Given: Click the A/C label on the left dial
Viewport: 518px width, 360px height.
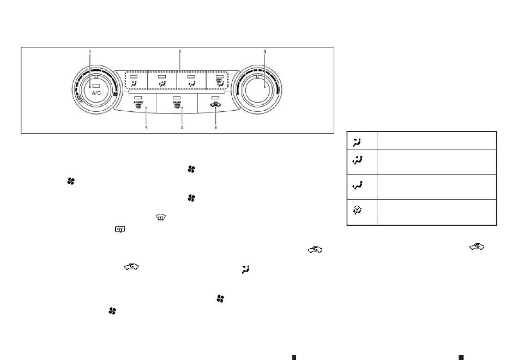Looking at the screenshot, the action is tap(97, 93).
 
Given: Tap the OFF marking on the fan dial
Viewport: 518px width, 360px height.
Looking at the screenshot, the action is tap(79, 98).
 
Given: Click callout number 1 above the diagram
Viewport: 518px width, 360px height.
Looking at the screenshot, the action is tap(89, 52).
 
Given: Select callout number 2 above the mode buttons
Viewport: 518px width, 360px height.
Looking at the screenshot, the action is tap(180, 52).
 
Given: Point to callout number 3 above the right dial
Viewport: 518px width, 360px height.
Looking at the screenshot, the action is tap(264, 52).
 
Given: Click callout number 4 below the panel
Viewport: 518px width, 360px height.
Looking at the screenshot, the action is tap(146, 127).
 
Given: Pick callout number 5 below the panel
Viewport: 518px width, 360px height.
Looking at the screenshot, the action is tap(182, 127).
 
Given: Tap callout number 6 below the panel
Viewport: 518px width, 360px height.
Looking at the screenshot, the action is tap(216, 127).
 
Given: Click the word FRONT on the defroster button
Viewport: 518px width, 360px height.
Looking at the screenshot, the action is tap(138, 103).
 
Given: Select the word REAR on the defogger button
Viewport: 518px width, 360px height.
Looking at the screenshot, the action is tap(177, 103).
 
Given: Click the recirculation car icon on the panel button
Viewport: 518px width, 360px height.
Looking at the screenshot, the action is tap(215, 105).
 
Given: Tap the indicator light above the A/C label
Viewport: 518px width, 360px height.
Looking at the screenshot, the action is tap(96, 86).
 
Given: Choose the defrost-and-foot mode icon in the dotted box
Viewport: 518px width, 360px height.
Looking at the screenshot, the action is tap(220, 83).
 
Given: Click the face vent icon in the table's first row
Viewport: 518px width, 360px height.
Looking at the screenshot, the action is tap(357, 142).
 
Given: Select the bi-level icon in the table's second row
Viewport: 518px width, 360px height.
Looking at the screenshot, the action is tap(357, 160).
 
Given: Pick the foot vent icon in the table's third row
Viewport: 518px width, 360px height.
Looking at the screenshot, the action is tap(357, 186).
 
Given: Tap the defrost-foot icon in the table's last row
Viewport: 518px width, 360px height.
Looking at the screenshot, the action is tap(358, 210).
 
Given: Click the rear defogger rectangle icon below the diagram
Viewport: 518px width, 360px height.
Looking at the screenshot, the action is tap(120, 229).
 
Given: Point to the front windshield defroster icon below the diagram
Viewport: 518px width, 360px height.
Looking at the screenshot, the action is tap(160, 217).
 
